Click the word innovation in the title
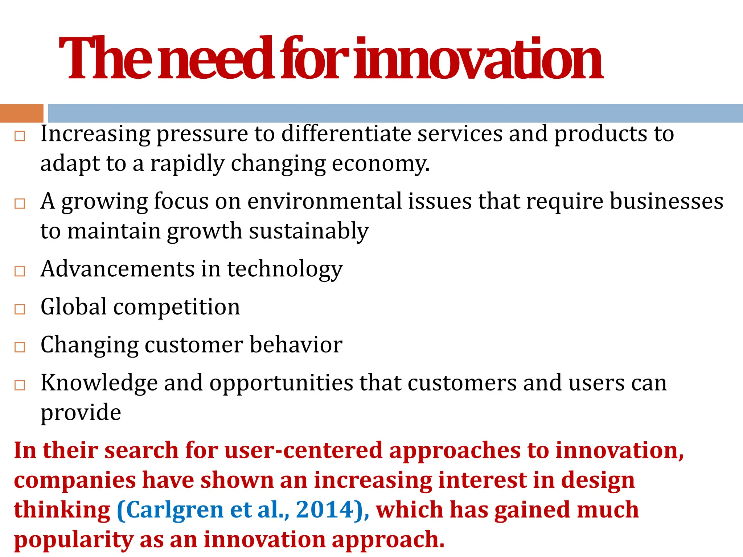tap(478, 59)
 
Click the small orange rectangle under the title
tap(21, 113)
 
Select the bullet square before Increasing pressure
tap(20, 136)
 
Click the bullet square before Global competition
tap(20, 309)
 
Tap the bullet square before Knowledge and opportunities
tap(20, 385)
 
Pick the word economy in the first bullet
tap(381, 164)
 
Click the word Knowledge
tap(99, 383)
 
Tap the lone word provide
tap(81, 413)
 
